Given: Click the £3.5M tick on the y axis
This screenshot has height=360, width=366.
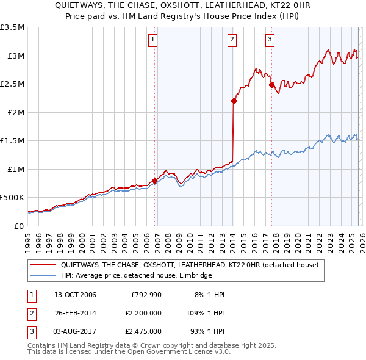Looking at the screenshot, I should [12, 27].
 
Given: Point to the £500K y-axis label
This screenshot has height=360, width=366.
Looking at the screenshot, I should [12, 198].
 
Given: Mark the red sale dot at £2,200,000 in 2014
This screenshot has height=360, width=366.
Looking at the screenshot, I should [234, 101].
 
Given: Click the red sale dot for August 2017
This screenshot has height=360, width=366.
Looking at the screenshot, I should [271, 85].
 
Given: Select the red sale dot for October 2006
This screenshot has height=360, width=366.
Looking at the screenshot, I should [155, 181].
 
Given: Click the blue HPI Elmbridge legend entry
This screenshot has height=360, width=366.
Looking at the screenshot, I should [135, 276].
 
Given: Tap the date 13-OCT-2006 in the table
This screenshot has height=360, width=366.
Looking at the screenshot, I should [75, 295].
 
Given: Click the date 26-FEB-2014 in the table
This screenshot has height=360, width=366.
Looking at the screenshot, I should [75, 313].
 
